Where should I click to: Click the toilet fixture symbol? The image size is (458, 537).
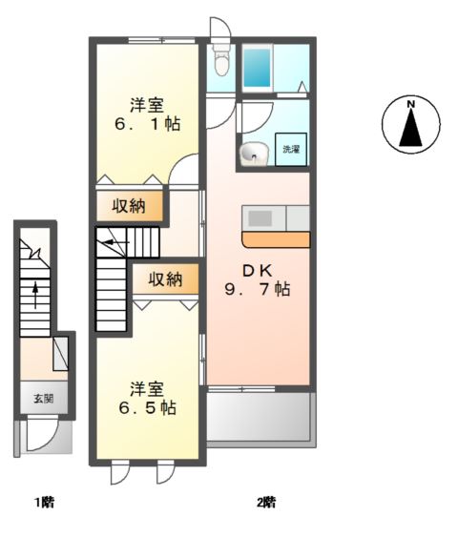[x=220, y=59]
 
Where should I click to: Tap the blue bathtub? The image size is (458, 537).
[x=257, y=68]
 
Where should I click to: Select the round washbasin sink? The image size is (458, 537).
[x=254, y=154]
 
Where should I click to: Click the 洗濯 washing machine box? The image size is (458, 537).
[x=291, y=150]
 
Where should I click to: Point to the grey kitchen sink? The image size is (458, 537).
[x=260, y=218]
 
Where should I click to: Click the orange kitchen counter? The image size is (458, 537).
[x=276, y=239]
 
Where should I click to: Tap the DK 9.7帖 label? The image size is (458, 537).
[x=258, y=280]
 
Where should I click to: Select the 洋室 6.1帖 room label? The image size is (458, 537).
[x=147, y=114]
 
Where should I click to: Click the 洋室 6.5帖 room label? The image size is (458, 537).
[x=147, y=398]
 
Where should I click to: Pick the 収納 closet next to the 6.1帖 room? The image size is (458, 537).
[x=129, y=206]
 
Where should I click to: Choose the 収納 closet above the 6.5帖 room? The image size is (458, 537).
[x=165, y=279]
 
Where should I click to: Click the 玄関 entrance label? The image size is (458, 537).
[x=44, y=399]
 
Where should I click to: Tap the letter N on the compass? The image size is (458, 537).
[x=410, y=104]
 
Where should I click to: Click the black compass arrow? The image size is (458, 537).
[x=410, y=128]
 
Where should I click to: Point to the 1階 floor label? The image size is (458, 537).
[x=45, y=503]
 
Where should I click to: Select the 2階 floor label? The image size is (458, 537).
[x=266, y=503]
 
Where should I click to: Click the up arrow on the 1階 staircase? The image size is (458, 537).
[x=35, y=296]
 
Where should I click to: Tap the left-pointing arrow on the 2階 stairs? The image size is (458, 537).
[x=116, y=242]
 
